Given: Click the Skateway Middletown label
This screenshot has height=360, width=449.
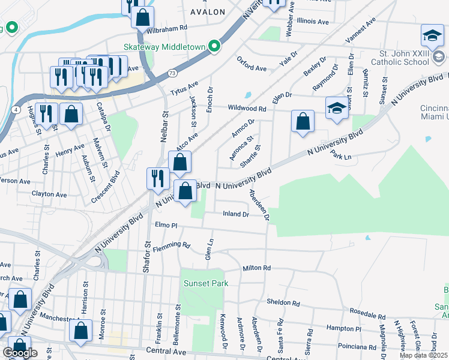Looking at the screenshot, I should click(164, 46).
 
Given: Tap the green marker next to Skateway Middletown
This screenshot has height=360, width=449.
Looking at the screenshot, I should click(214, 46).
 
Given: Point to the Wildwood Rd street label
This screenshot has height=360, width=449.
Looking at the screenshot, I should click(247, 109).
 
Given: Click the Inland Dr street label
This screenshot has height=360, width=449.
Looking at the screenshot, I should click(235, 214).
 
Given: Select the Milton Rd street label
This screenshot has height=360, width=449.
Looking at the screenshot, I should click(256, 268).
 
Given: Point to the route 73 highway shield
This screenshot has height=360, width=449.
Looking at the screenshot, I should click(172, 73).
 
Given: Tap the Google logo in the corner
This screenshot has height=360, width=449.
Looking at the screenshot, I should click(20, 353).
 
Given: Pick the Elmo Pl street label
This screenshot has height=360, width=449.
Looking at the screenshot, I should click(166, 225).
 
